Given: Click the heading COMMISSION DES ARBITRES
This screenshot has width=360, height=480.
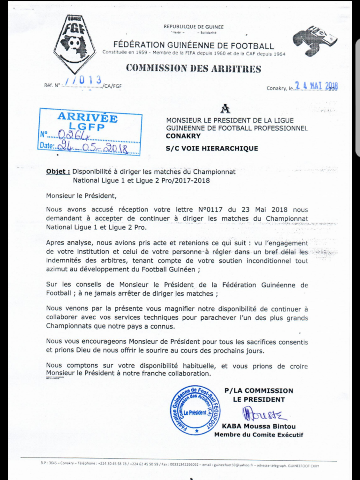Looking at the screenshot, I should point(193,68).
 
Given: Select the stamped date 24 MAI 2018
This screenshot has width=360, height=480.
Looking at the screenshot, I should point(316,86).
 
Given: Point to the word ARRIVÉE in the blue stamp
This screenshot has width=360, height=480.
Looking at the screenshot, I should point(87,118).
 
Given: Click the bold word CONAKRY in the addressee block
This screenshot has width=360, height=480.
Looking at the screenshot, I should point(183,136).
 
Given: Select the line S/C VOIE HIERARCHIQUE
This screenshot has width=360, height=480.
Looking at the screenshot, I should point(212,148).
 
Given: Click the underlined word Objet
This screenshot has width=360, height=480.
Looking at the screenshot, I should point(58,172).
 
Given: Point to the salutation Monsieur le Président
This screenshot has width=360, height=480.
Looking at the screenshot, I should point(80,195).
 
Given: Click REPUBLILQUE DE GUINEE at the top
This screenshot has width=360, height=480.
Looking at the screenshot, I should point(193,27).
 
